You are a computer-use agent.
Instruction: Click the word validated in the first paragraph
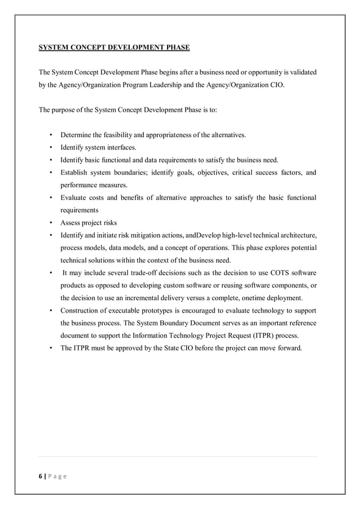click(x=301, y=73)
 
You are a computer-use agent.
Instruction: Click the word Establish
click(x=76, y=172)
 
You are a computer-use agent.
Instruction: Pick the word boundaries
click(x=126, y=172)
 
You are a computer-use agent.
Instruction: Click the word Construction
click(x=82, y=310)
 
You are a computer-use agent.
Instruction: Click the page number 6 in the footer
click(x=40, y=476)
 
